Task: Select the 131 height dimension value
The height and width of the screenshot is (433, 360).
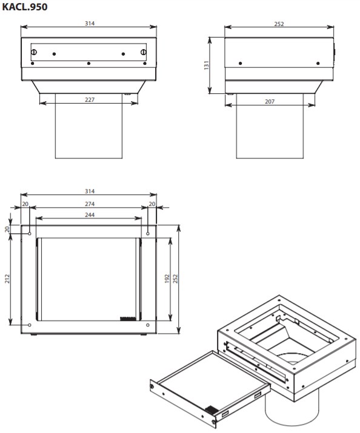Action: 207,65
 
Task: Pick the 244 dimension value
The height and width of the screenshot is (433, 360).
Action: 88,214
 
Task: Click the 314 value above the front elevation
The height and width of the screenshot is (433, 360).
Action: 90,24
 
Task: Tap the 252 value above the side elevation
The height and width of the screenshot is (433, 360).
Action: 279,24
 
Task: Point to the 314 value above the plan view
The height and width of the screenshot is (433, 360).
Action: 90,191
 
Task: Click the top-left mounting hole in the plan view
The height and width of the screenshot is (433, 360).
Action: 30,232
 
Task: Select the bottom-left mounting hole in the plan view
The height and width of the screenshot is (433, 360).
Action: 30,326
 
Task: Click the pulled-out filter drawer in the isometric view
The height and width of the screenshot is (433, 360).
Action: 206,388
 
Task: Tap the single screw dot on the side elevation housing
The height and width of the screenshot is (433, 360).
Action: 240,64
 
